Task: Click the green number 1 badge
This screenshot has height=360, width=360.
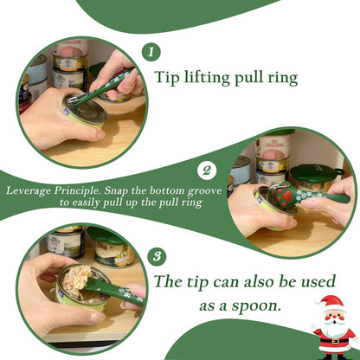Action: coord(152,52)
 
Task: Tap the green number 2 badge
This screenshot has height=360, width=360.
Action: coord(207,170)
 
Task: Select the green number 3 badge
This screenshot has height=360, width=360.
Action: coord(156,257)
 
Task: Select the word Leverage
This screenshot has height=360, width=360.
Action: coord(29,189)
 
